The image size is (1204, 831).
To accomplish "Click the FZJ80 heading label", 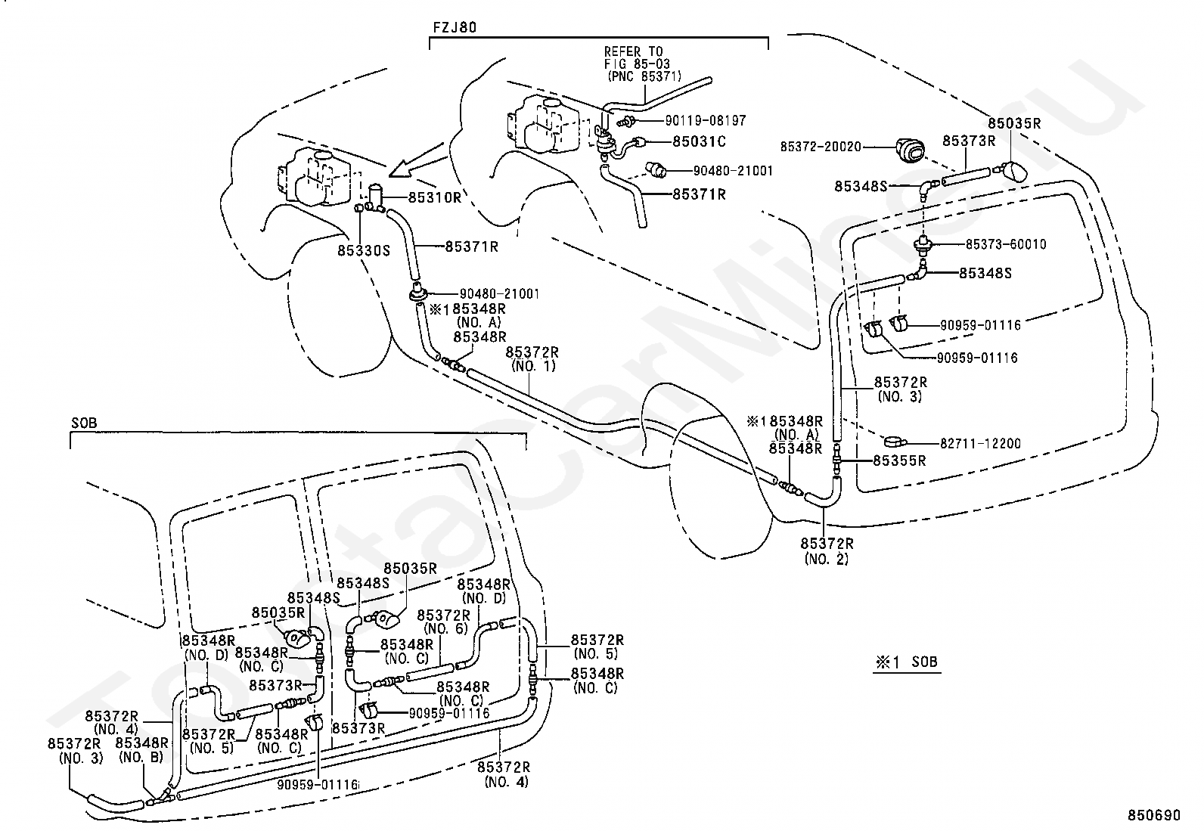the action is tap(455, 27).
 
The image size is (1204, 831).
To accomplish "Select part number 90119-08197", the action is tap(706, 120).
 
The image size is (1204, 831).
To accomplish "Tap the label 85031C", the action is tap(700, 141).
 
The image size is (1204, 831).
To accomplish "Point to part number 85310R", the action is tap(435, 197).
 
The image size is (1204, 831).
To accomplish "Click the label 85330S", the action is tap(364, 250).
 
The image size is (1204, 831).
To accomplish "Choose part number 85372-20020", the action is tap(821, 147).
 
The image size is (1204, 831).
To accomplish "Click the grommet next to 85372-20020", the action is tap(910, 149).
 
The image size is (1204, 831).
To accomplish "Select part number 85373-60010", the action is tap(1006, 244).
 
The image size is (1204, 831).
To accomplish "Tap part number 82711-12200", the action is tap(980, 443).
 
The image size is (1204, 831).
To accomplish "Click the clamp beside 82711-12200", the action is tap(895, 442).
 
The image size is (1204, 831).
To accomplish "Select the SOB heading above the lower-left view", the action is tap(85, 423).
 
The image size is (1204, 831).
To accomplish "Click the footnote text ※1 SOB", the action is tap(907, 662).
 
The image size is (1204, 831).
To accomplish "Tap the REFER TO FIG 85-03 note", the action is tap(641, 64).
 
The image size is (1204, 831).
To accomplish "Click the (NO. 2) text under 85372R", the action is tap(827, 559).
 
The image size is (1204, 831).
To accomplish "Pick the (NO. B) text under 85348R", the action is tap(141, 758).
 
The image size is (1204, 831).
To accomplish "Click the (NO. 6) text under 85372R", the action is tap(446, 628).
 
